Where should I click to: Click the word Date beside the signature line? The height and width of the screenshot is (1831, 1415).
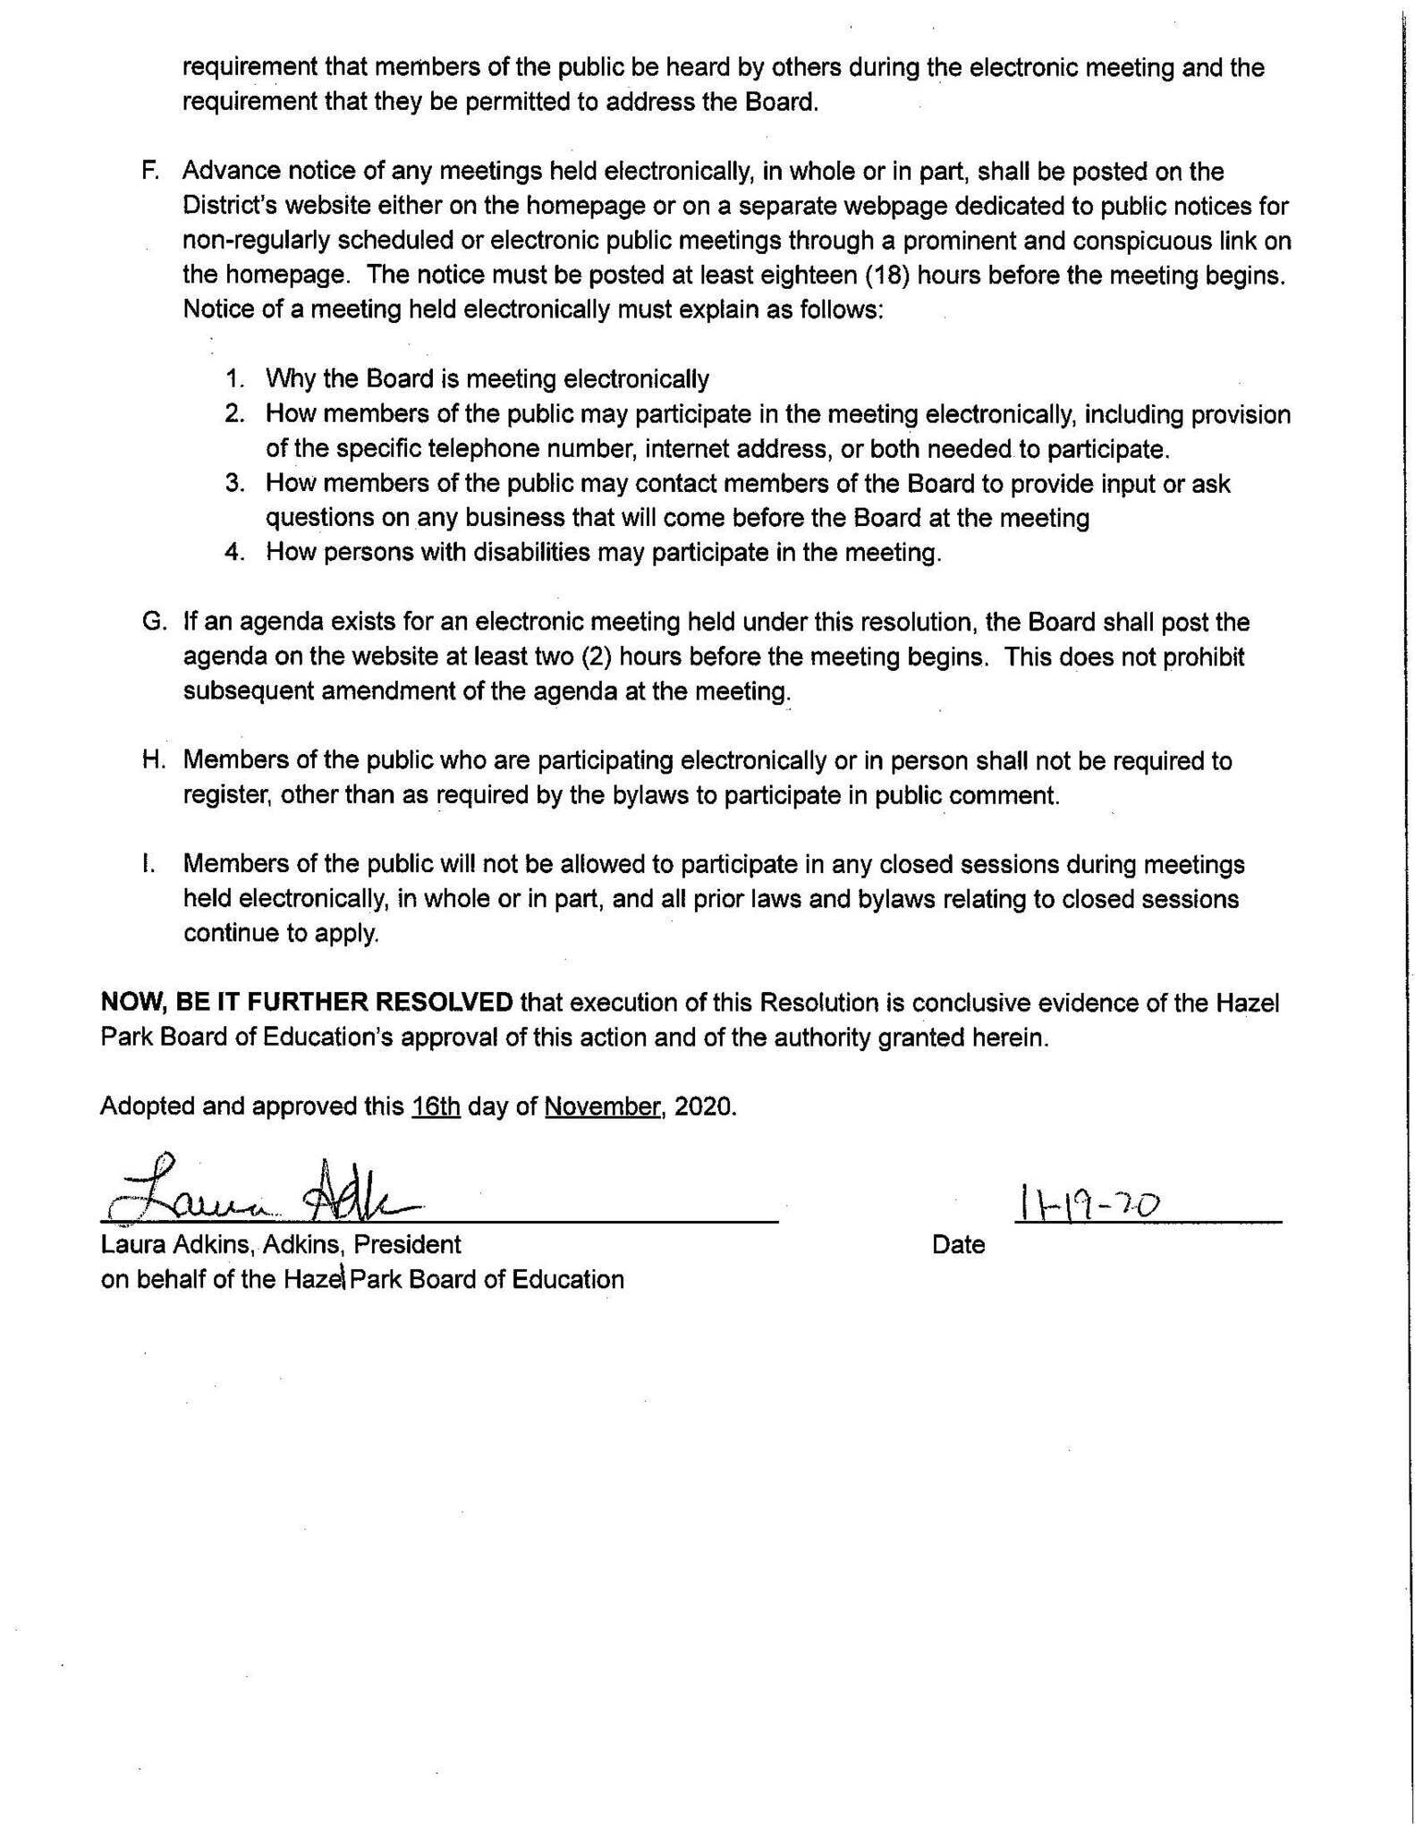[957, 1245]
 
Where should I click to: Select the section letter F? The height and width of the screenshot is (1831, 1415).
[149, 171]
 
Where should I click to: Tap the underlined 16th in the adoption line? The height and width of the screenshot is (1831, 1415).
[436, 1106]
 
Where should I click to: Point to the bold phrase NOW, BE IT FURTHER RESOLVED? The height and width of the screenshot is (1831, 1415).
[307, 1003]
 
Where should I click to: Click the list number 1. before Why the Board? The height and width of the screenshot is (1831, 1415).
[235, 379]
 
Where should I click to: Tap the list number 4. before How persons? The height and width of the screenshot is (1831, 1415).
[235, 553]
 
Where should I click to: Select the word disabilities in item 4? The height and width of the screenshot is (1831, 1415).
[531, 553]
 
